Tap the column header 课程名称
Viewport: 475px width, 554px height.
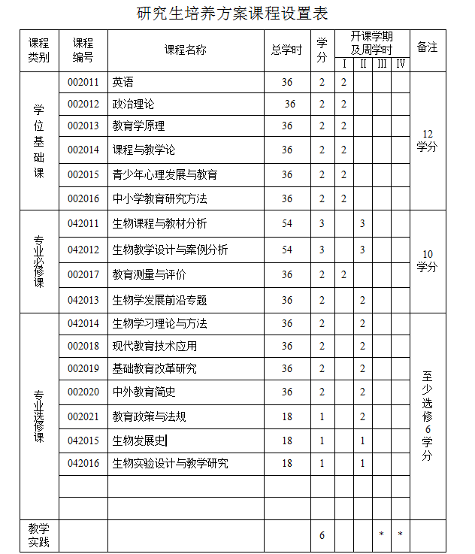tap(185, 50)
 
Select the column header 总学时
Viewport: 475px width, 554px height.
tap(286, 50)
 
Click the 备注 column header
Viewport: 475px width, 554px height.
tap(427, 47)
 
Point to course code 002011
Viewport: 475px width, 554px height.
tap(83, 82)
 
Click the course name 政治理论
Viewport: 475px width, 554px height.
tap(133, 104)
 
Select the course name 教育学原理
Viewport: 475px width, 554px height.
tap(138, 126)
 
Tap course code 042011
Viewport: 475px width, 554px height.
tap(83, 223)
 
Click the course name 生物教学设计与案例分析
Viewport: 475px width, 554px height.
tap(170, 250)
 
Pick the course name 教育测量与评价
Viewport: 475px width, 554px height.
tap(149, 274)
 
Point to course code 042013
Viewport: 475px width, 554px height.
tap(83, 300)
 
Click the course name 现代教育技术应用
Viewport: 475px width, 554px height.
tap(154, 346)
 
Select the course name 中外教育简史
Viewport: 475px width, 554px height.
tap(144, 392)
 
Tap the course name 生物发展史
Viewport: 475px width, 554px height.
tap(139, 440)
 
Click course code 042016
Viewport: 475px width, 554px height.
tap(83, 463)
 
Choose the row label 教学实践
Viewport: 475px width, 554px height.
tap(38, 534)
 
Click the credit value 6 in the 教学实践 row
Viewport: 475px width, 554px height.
tap(322, 535)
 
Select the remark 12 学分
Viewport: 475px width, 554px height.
tap(427, 141)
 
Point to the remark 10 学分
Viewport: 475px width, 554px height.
tap(427, 260)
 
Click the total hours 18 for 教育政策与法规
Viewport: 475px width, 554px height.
tap(287, 416)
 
